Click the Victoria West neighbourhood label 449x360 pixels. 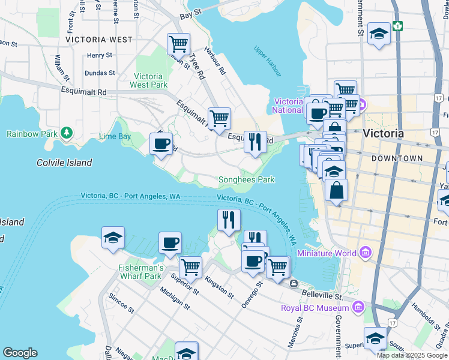99,40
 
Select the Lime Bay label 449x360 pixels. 115,136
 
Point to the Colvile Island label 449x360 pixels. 64,163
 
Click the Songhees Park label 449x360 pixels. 246,179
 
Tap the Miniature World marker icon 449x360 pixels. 365,253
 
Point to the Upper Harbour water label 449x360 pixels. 268,61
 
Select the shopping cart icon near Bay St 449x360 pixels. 178,44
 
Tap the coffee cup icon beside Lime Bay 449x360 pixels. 161,144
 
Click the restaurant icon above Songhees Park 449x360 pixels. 255,142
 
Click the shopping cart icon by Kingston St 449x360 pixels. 191,266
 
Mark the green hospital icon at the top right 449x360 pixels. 397,26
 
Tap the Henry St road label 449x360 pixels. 100,55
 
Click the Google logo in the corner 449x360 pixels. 20,353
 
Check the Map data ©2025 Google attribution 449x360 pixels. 412,355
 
